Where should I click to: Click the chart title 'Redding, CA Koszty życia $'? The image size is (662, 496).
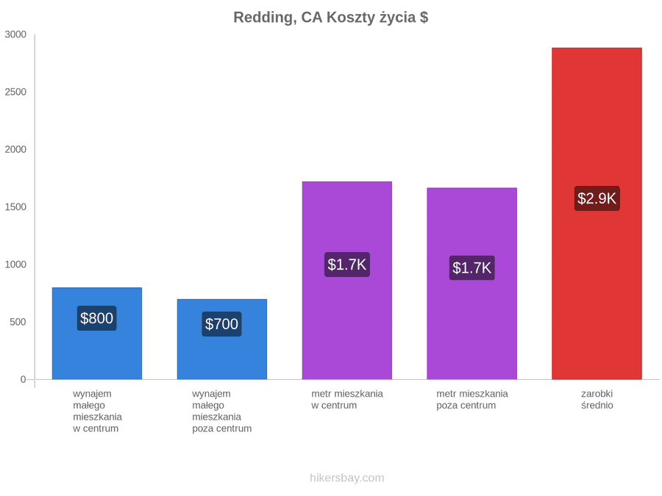(x=330, y=18)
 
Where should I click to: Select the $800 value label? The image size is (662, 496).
(x=96, y=318)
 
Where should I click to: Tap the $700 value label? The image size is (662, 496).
(x=221, y=324)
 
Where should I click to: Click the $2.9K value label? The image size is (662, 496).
(x=597, y=198)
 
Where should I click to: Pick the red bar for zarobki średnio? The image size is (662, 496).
(x=597, y=213)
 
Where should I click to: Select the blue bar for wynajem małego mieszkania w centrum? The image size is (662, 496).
(x=97, y=333)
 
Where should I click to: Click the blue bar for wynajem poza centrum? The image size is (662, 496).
(x=222, y=339)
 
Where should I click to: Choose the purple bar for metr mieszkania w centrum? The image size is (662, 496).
(x=347, y=281)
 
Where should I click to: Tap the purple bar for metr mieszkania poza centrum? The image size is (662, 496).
(x=472, y=284)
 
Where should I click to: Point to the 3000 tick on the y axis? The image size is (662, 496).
(x=15, y=34)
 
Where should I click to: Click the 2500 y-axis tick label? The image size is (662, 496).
(x=15, y=92)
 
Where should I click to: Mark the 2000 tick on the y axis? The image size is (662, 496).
(x=15, y=149)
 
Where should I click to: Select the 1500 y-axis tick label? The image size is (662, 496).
(x=15, y=206)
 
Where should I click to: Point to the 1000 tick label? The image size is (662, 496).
(x=15, y=265)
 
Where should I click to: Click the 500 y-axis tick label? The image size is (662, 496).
(x=18, y=322)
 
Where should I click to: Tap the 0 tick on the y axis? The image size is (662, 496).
(x=24, y=379)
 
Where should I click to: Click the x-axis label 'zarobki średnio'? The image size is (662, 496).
(x=597, y=400)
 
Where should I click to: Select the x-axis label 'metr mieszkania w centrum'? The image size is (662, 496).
(x=347, y=400)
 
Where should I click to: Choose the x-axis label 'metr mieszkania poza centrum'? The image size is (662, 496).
(x=472, y=400)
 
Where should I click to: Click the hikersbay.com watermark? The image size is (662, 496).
(x=347, y=478)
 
